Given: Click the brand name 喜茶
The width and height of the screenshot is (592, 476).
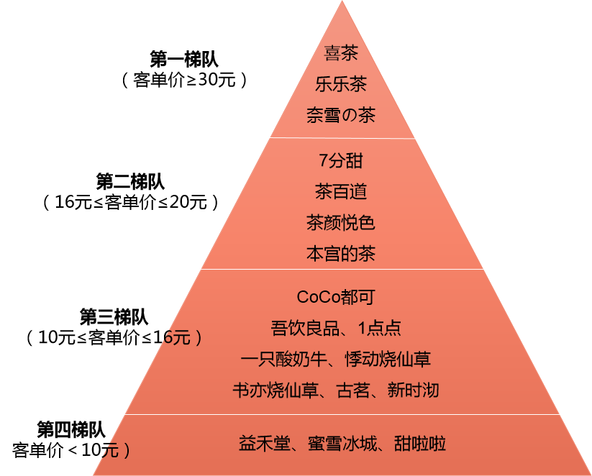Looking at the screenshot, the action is coord(341,53).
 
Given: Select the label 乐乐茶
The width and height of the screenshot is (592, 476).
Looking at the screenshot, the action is coord(341,84).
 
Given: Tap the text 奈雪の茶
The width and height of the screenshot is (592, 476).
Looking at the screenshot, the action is coord(341,116).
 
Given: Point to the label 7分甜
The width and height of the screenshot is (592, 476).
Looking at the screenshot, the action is coord(341,160).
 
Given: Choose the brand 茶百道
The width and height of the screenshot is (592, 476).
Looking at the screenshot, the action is coord(341,192).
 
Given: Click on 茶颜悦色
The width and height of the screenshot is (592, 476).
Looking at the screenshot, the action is coord(341,223).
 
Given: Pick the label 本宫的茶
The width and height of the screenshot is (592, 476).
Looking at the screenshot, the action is coord(341,254).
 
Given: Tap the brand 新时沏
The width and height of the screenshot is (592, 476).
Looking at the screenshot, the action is coord(413,390).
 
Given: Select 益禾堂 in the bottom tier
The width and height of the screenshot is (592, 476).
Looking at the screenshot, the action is coord(263,444).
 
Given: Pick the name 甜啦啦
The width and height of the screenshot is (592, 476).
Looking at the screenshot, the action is coord(420,444).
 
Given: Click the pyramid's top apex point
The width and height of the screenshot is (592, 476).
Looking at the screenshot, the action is coord(342,2).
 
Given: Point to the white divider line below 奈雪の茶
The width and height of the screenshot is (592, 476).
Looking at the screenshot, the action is coord(341,138).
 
